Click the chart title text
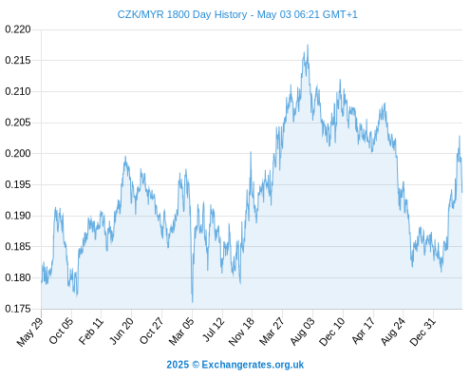(237, 14)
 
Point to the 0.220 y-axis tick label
(18, 29)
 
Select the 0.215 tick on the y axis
(18, 60)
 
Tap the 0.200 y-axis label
(18, 154)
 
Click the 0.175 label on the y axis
(18, 309)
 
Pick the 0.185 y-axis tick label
(18, 246)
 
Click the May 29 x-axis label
(29, 332)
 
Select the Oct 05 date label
(61, 331)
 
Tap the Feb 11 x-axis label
(91, 331)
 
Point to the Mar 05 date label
(181, 332)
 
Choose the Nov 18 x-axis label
(241, 332)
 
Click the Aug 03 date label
(303, 332)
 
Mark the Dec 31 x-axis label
(423, 332)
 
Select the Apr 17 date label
(364, 331)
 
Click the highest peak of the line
(308, 45)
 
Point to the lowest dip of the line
(192, 302)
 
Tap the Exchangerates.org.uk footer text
(253, 365)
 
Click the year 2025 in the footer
(178, 365)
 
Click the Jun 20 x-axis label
(122, 331)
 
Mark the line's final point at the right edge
(462, 192)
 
